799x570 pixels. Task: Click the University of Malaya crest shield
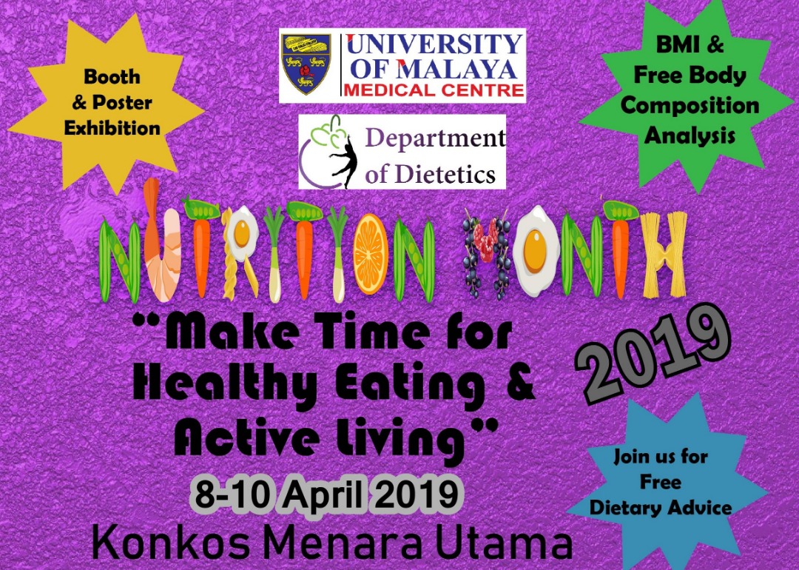tap(306, 64)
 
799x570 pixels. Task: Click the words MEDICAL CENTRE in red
tap(434, 91)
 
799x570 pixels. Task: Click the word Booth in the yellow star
tap(112, 76)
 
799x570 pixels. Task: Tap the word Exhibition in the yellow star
tap(112, 127)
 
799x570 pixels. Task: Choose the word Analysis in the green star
tap(690, 135)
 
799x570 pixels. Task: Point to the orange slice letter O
tap(371, 255)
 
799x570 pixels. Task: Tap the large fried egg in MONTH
tap(536, 250)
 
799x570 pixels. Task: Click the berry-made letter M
tap(485, 253)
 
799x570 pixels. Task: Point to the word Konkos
tap(170, 544)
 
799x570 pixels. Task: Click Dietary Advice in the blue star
tap(661, 508)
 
